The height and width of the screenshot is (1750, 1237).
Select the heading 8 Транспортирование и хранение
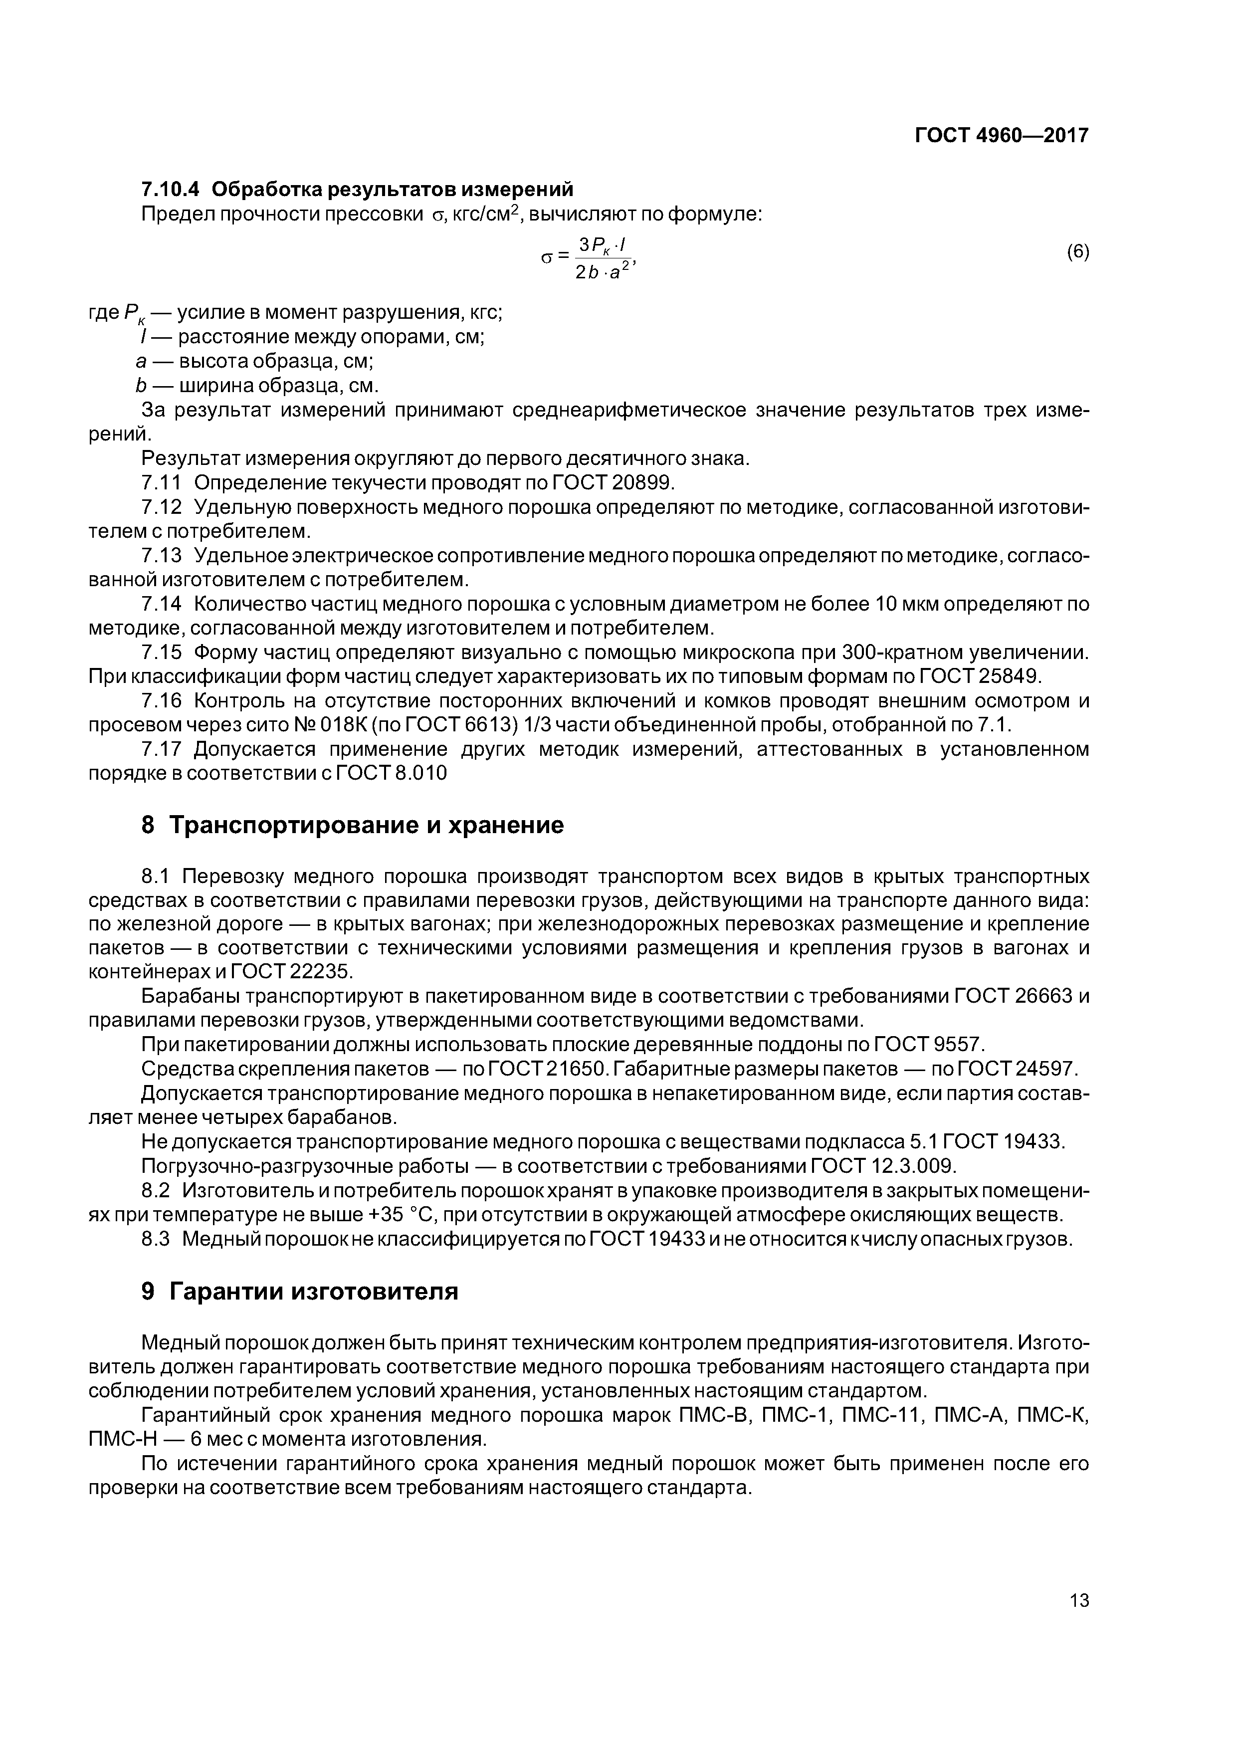tap(353, 825)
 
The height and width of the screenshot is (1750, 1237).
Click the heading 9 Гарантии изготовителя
tap(300, 1291)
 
